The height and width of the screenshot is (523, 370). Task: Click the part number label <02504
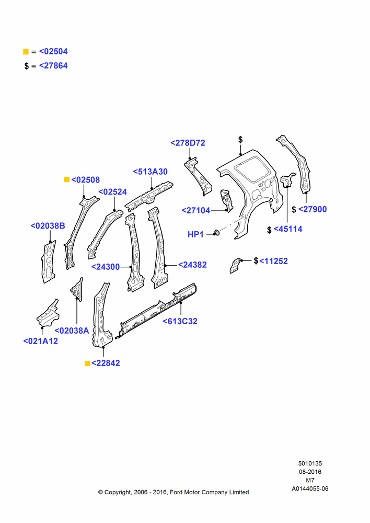coord(53,51)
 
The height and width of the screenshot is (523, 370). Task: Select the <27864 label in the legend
coord(53,66)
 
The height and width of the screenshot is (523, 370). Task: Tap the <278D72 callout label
coord(188,143)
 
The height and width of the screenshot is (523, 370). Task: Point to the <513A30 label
coord(151,172)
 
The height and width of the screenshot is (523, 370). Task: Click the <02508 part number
coord(86,180)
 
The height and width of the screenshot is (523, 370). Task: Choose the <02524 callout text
coord(113,192)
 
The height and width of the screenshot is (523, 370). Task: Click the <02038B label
coord(48,226)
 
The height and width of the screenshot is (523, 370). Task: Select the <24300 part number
coord(106,267)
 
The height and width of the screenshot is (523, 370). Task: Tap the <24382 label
coord(192,265)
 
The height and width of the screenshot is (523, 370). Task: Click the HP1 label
coord(195,234)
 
